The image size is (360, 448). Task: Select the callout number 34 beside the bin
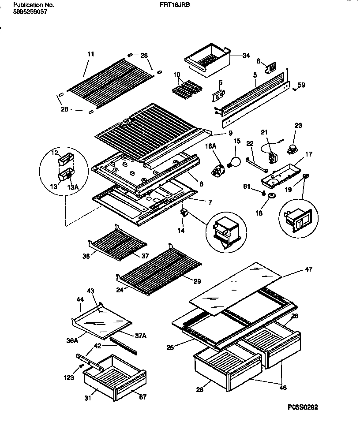[246, 56]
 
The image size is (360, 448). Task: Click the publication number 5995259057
[30, 12]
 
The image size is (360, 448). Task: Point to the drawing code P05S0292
[302, 407]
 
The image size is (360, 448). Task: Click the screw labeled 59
[294, 89]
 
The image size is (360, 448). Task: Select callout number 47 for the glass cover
[308, 269]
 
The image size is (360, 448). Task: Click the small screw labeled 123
[81, 366]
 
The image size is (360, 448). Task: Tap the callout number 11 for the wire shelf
[90, 54]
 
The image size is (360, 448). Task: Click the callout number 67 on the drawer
[142, 397]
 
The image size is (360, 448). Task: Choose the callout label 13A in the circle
[73, 187]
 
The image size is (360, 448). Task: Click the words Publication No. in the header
[34, 5]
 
